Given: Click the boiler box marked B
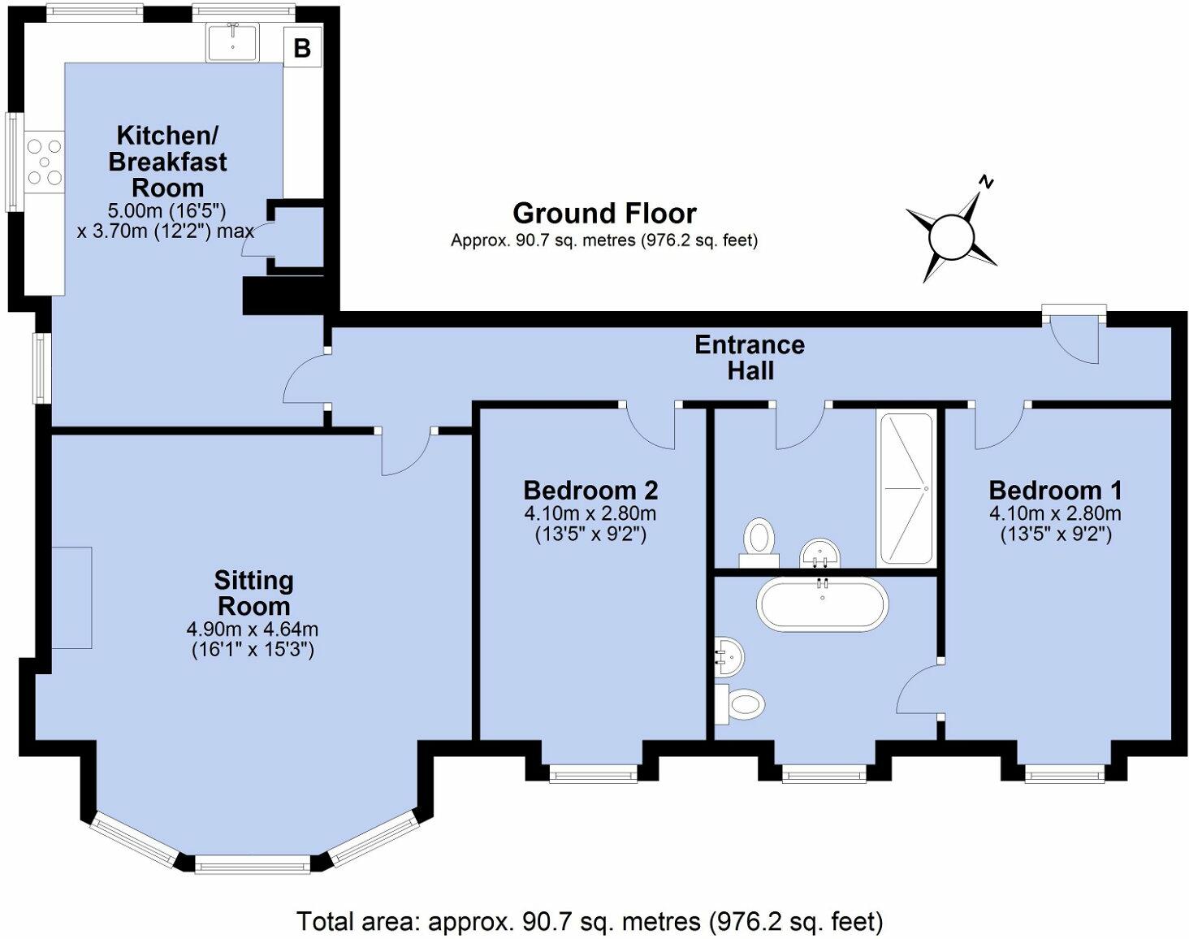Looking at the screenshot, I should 302,48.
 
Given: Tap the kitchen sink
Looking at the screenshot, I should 232,41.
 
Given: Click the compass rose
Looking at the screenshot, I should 951,236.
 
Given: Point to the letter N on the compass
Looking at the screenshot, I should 986,182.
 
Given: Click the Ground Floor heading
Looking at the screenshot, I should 604,214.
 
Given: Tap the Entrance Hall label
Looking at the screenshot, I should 750,357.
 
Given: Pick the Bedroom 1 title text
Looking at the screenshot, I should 1055,491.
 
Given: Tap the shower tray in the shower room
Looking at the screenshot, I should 906,488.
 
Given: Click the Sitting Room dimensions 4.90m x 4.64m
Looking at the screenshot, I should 253,629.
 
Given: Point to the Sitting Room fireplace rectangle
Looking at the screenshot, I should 72,597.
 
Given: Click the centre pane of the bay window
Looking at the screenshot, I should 253,865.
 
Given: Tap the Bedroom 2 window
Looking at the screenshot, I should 593,775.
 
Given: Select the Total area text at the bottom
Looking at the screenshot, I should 589,922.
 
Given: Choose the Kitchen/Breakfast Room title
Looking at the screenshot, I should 168,161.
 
